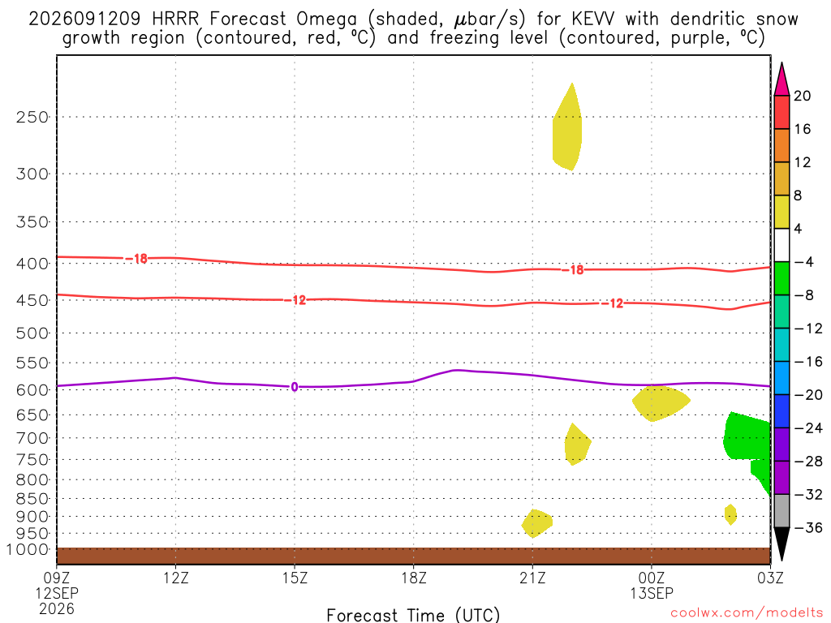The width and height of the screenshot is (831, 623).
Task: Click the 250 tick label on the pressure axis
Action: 32,117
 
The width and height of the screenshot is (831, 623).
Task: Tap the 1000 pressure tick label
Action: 28,549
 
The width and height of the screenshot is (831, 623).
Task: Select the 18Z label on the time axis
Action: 414,578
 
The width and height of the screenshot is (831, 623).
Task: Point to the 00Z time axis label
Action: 652,578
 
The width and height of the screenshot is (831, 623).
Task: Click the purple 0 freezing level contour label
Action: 295,387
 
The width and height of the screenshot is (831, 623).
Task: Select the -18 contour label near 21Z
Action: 573,270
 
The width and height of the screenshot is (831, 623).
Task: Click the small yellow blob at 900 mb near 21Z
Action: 537,523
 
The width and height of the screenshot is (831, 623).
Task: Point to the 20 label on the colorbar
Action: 802,96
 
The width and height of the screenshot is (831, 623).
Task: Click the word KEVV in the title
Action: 593,19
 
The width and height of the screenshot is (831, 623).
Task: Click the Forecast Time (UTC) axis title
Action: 413,615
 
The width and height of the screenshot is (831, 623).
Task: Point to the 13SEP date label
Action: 652,593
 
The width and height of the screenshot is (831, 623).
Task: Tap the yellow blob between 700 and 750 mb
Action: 577,444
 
